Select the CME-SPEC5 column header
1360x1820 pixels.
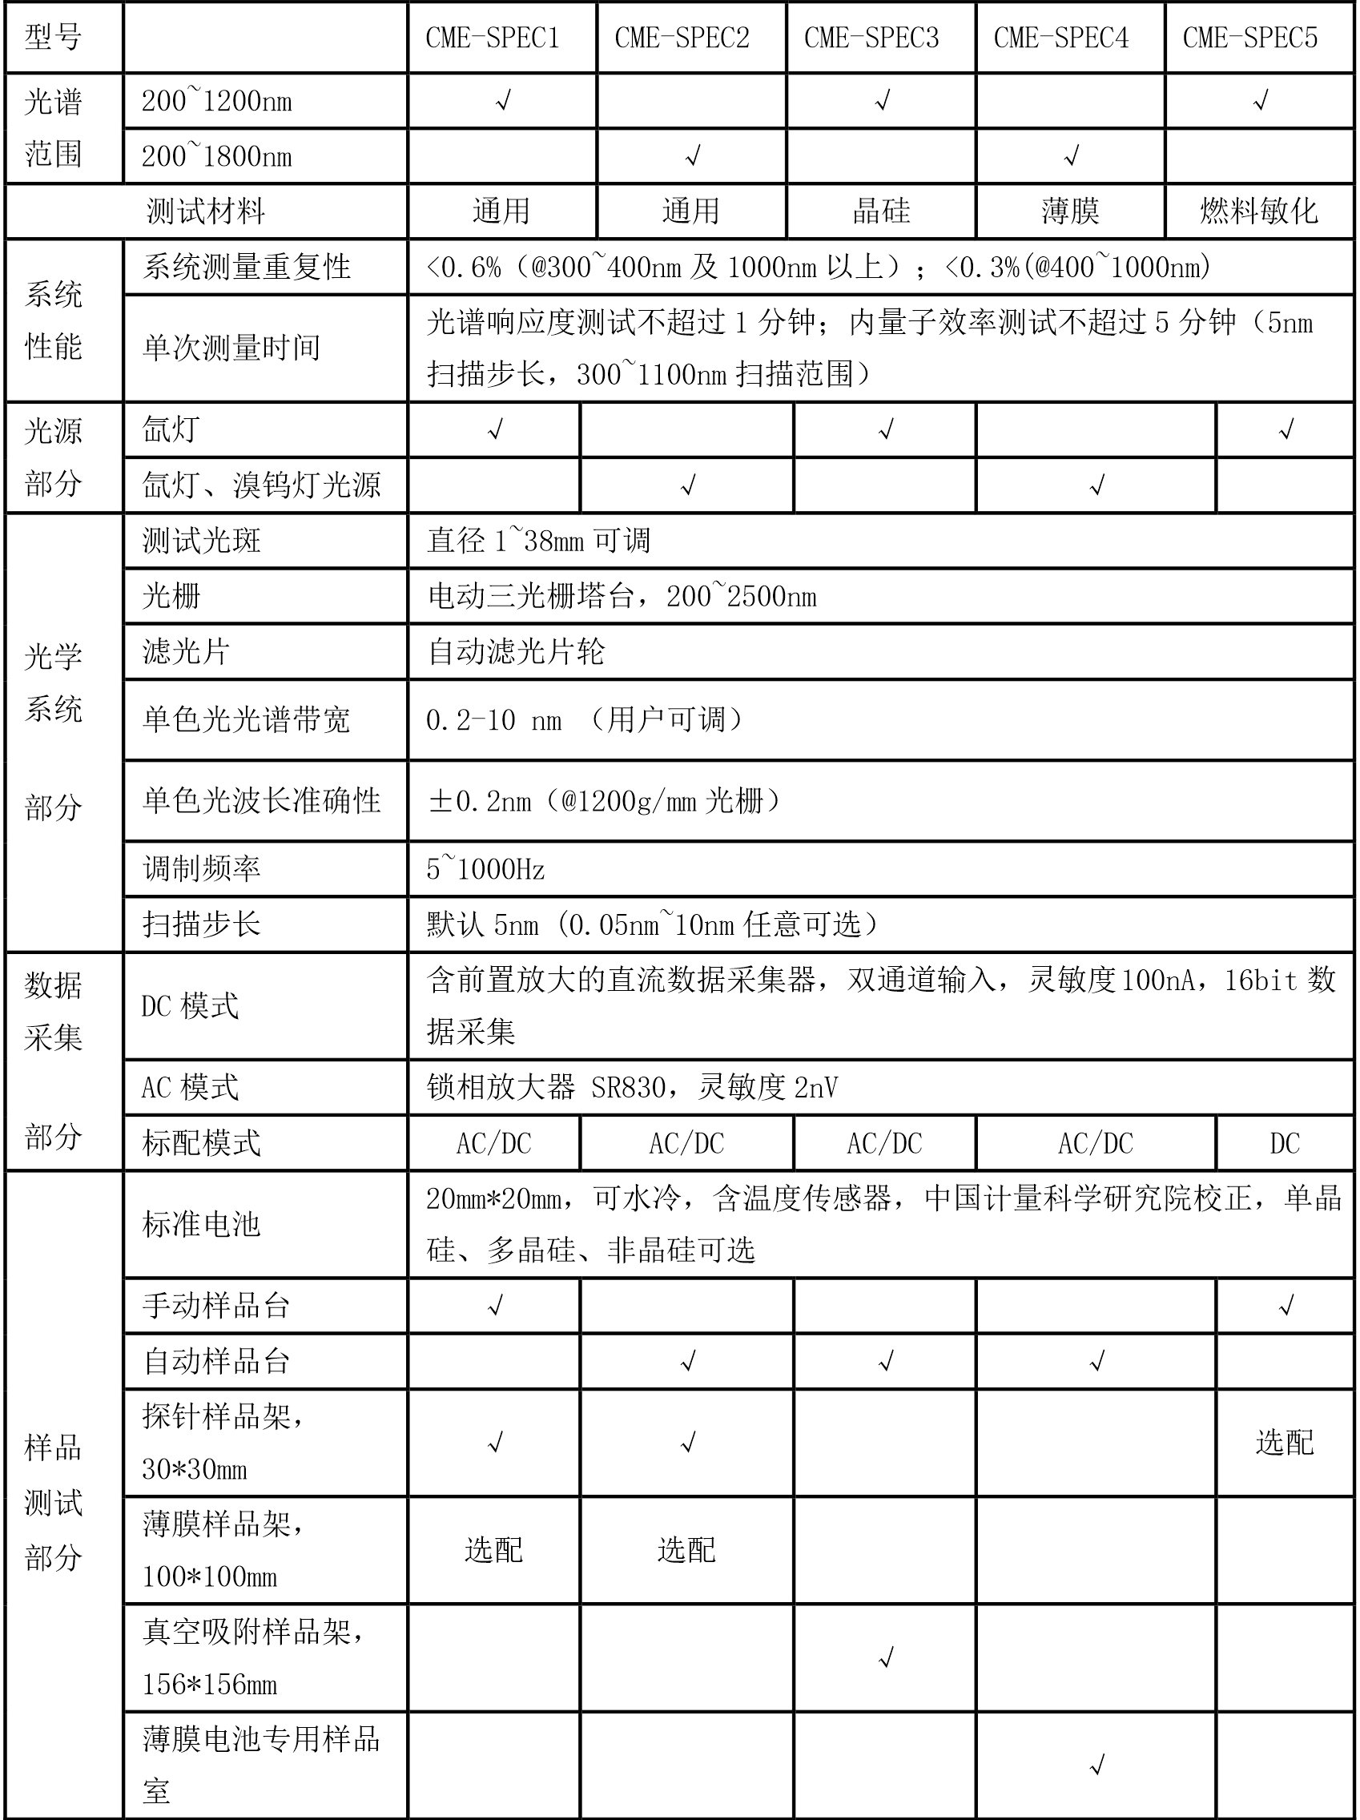(1249, 38)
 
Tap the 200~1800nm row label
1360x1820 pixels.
(216, 156)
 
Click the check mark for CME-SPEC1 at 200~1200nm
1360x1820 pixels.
(503, 101)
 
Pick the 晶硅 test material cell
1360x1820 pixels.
(881, 211)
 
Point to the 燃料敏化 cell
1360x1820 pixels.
(1259, 211)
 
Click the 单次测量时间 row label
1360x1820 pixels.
(231, 347)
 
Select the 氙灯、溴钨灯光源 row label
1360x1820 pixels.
(261, 485)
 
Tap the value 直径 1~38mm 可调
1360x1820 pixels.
(539, 541)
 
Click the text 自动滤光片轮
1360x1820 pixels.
(516, 651)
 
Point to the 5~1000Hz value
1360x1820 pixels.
(485, 869)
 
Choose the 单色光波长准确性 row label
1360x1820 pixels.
(261, 800)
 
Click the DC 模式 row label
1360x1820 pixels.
(190, 1005)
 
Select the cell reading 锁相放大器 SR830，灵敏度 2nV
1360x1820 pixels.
(632, 1088)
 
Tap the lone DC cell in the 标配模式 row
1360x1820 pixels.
(1284, 1143)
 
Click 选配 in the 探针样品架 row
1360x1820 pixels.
(1284, 1443)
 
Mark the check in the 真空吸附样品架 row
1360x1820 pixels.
(885, 1658)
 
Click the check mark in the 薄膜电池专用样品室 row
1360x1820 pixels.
(1096, 1764)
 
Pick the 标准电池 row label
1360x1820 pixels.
(201, 1224)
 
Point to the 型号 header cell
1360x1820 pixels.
(54, 38)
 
